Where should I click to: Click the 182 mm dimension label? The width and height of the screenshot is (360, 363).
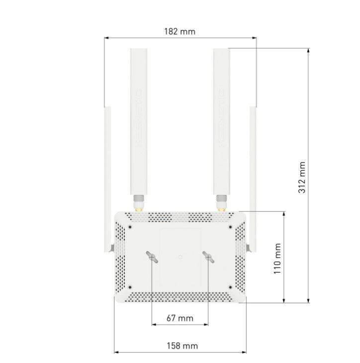click(180, 31)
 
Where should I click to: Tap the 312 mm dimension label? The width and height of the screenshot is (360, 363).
click(302, 178)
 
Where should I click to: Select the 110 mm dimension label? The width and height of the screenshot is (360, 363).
click(277, 259)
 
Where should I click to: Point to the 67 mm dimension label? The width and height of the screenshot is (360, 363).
click(180, 318)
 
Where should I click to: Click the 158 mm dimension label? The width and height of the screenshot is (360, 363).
click(182, 346)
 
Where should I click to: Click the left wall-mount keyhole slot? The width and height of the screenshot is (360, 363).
click(152, 257)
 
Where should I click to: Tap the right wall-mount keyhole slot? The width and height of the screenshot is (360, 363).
click(208, 257)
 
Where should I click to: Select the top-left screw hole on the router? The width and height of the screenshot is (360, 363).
click(130, 227)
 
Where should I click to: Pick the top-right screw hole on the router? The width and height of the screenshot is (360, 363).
click(230, 227)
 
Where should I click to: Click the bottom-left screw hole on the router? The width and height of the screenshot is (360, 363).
click(130, 287)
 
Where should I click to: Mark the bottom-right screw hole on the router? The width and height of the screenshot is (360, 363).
click(230, 287)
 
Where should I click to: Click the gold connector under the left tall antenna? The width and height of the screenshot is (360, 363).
click(139, 209)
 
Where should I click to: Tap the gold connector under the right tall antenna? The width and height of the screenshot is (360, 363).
click(222, 209)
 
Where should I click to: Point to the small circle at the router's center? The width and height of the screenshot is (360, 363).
click(180, 257)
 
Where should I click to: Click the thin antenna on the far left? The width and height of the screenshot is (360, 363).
click(107, 179)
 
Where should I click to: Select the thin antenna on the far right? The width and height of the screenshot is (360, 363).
click(253, 179)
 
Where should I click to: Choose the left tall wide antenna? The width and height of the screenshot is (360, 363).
click(139, 121)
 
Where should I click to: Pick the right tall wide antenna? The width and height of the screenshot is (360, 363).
click(222, 121)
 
